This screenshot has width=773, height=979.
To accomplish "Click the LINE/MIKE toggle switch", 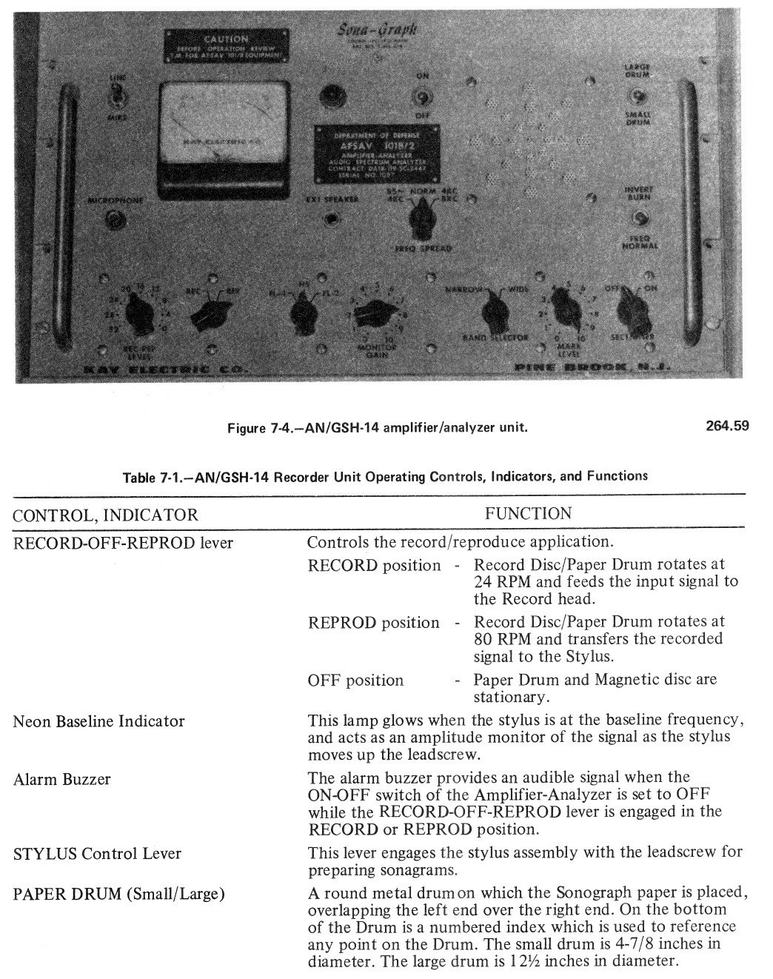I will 117,96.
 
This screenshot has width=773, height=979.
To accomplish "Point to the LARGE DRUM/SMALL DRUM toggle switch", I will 638,97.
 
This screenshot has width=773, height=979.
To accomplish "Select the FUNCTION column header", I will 528,513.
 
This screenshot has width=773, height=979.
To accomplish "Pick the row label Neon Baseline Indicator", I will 98,721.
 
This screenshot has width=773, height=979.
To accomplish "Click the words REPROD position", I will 373,623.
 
